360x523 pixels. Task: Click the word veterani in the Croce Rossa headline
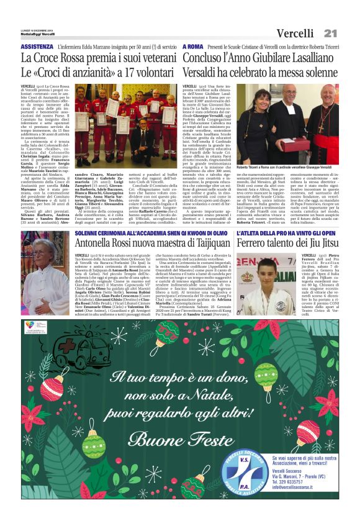(x=149, y=58)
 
